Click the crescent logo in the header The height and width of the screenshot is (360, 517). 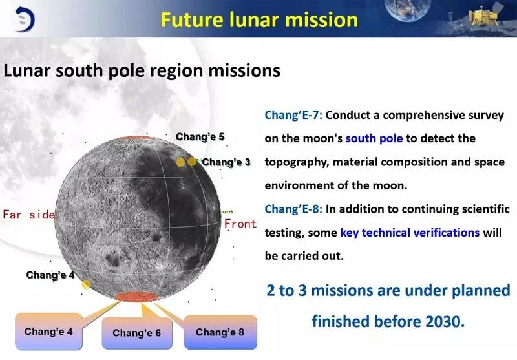tap(25, 19)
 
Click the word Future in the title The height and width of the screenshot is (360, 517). tap(191, 20)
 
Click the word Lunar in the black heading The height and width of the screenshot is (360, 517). tap(26, 70)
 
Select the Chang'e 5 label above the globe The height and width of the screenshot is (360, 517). tap(200, 136)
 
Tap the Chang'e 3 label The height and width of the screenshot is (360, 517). tap(226, 162)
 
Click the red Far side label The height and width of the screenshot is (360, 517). tap(29, 215)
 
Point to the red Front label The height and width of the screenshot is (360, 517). tap(240, 224)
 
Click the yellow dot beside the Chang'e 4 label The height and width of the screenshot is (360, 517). tap(86, 284)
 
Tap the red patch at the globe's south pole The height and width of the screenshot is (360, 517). tap(136, 297)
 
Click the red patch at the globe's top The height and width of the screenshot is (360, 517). tap(135, 138)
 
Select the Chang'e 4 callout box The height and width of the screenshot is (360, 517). tap(49, 332)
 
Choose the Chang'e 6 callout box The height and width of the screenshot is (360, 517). tap(137, 333)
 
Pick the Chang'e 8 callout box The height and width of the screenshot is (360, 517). tap(220, 332)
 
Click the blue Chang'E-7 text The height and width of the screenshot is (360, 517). tap(293, 115)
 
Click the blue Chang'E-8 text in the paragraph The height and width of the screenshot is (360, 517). tap(293, 209)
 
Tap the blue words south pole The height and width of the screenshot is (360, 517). tap(374, 138)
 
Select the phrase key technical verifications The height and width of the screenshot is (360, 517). tap(410, 233)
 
